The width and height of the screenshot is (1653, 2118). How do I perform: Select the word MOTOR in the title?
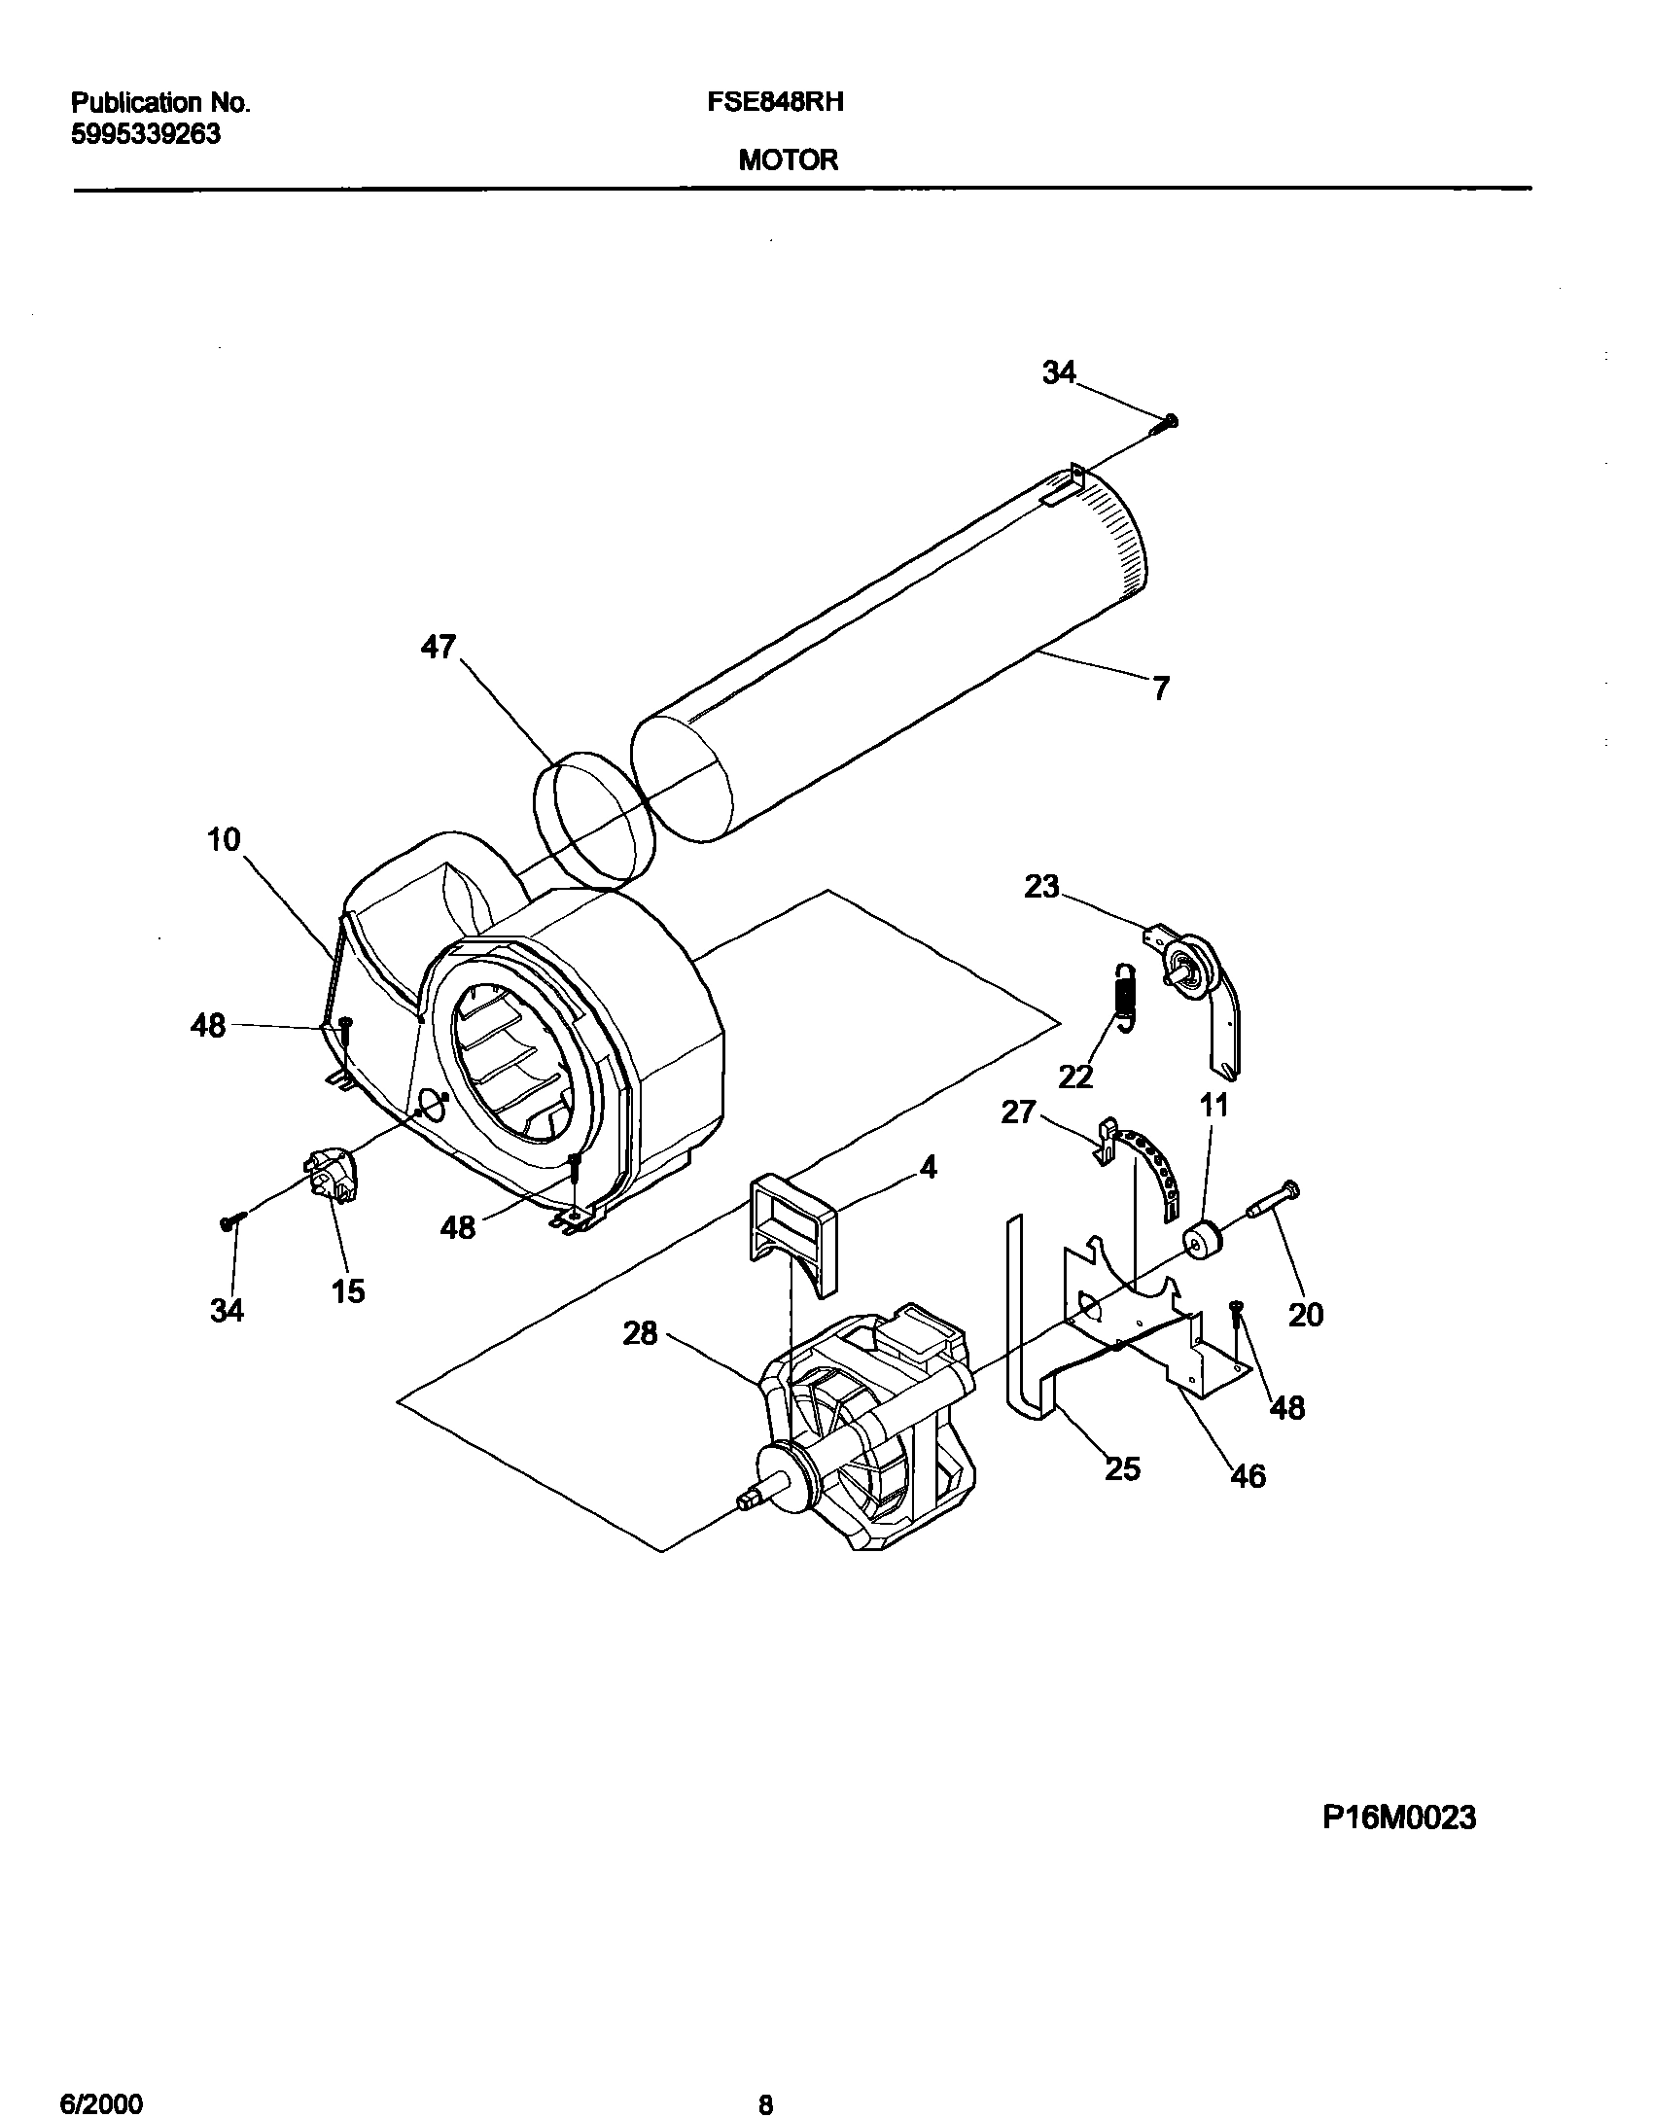click(x=788, y=160)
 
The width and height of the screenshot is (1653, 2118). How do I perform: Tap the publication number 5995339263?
click(x=146, y=134)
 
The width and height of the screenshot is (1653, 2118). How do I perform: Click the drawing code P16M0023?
click(x=1399, y=1818)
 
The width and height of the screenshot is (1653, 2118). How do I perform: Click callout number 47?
click(x=439, y=647)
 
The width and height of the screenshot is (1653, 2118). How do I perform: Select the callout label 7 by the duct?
click(x=1160, y=689)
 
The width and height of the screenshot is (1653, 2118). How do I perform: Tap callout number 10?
click(x=224, y=839)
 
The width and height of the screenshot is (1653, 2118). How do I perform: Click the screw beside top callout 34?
click(x=1166, y=423)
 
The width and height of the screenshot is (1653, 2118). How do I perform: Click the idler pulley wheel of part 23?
click(x=1194, y=963)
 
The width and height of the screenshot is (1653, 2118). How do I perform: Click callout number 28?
click(x=641, y=1333)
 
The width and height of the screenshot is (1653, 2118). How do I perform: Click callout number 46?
click(x=1249, y=1477)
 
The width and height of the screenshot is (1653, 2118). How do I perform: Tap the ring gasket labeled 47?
click(x=593, y=819)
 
